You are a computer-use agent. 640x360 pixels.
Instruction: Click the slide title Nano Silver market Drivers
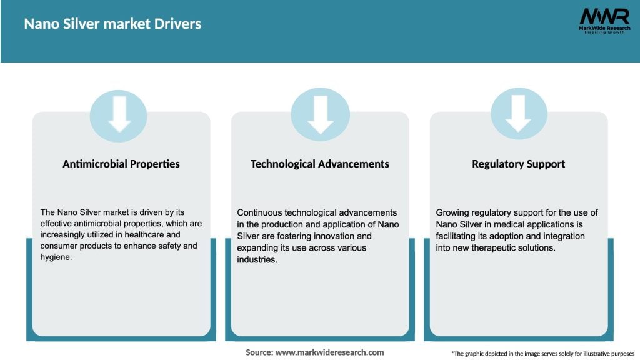tap(112, 24)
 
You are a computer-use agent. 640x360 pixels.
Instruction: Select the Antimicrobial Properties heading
tap(121, 164)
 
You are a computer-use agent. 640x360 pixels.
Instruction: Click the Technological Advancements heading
tap(320, 164)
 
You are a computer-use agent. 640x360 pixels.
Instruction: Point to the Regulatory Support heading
tap(518, 164)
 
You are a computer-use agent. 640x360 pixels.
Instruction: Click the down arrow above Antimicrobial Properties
tap(119, 114)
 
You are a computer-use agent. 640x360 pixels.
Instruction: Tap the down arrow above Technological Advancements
tap(320, 114)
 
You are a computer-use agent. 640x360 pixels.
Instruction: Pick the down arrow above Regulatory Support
tap(518, 114)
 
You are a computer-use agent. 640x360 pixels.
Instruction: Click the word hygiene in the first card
tap(56, 257)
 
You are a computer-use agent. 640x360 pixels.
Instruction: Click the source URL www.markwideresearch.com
tap(330, 352)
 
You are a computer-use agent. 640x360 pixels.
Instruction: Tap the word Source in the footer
tap(259, 352)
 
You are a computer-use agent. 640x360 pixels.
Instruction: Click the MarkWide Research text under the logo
tap(604, 28)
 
